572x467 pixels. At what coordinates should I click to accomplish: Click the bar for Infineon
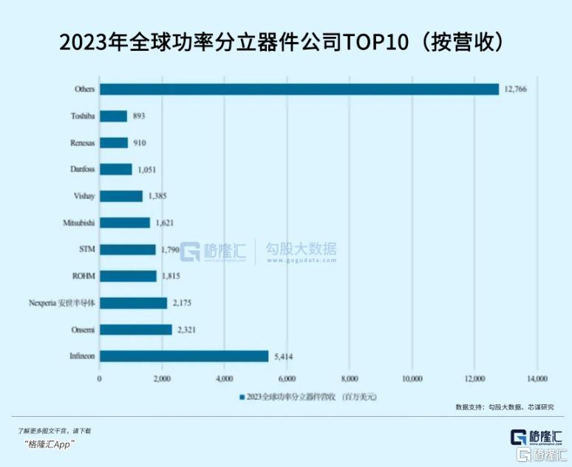coord(184,356)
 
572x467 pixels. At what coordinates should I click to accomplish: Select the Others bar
coord(299,89)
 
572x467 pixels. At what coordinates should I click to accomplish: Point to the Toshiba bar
coord(113,116)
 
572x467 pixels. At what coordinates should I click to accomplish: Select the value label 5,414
coord(285,356)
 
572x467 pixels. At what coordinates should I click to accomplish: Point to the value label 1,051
coord(148,169)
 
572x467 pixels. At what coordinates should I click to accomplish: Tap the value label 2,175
coord(183,302)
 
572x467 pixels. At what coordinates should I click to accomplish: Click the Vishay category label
coord(82,196)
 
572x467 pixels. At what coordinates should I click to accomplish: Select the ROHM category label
coord(82,276)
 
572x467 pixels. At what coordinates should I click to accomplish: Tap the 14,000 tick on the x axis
coord(537,378)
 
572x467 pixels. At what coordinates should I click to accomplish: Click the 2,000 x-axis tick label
coord(162,378)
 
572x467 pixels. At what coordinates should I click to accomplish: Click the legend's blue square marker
coord(242,396)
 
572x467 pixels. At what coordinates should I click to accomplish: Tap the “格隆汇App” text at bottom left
coord(49,443)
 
